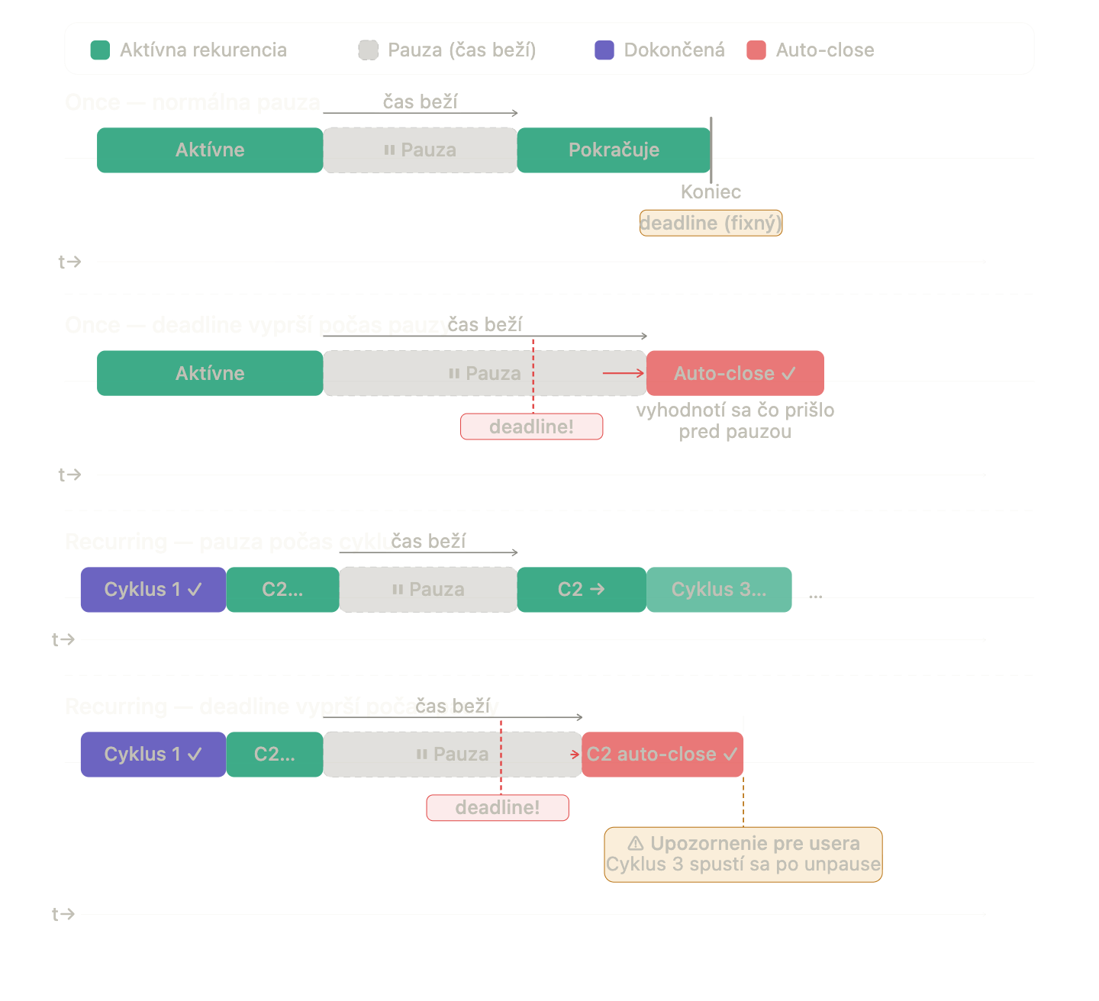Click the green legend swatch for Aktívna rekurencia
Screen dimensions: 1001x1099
click(100, 50)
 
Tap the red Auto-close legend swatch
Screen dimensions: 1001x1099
click(756, 50)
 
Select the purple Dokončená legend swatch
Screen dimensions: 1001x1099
click(604, 50)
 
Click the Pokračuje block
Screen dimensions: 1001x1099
click(614, 150)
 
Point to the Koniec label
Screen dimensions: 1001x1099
click(711, 192)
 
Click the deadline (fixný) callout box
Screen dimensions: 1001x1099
click(711, 223)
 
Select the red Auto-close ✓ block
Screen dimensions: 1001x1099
click(735, 373)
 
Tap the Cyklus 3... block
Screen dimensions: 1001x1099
click(719, 590)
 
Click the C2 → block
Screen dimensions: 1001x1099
click(582, 590)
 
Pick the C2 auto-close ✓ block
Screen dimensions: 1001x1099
click(662, 755)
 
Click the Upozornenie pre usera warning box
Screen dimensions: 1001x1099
click(743, 855)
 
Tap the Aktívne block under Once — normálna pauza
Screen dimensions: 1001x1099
click(210, 150)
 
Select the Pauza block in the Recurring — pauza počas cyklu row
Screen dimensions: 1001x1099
click(428, 590)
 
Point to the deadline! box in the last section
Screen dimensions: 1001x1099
click(498, 808)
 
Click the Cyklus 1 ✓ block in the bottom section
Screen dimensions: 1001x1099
click(153, 755)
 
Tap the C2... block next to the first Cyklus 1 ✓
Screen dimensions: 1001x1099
click(282, 590)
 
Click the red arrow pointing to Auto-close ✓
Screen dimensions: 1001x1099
click(624, 373)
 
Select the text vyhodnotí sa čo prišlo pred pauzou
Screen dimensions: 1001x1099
click(735, 421)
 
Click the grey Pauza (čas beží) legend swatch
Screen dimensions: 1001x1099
click(369, 50)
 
